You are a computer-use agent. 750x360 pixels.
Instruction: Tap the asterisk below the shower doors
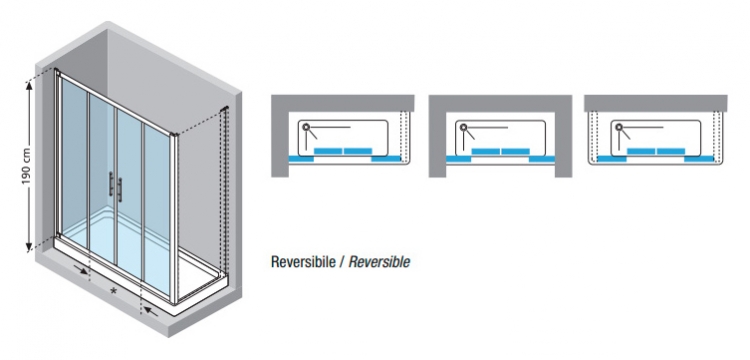[x=113, y=290]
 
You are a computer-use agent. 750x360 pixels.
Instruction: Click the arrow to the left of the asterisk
[x=81, y=270]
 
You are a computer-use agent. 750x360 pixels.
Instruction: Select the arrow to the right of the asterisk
[x=151, y=312]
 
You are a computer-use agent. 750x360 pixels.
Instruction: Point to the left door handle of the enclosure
[x=111, y=185]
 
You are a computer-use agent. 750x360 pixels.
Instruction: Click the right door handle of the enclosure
[x=120, y=190]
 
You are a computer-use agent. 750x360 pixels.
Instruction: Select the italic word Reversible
[x=379, y=262]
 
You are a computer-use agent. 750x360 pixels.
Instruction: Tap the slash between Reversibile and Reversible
[x=342, y=262]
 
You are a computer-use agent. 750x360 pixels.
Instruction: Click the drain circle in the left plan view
[x=306, y=128]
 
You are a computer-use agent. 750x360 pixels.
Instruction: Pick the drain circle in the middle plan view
[x=463, y=128]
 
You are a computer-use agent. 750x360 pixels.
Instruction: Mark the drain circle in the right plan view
[x=619, y=128]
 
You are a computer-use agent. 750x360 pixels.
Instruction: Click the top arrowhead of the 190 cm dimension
[x=30, y=86]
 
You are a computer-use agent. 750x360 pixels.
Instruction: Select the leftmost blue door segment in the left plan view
[x=301, y=159]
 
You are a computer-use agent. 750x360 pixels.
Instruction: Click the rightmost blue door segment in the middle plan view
[x=542, y=159]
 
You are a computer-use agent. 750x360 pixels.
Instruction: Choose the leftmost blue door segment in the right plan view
[x=612, y=159]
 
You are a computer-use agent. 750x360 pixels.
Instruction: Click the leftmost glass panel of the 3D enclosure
[x=74, y=163]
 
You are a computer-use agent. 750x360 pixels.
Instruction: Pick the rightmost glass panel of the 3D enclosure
[x=157, y=210]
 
